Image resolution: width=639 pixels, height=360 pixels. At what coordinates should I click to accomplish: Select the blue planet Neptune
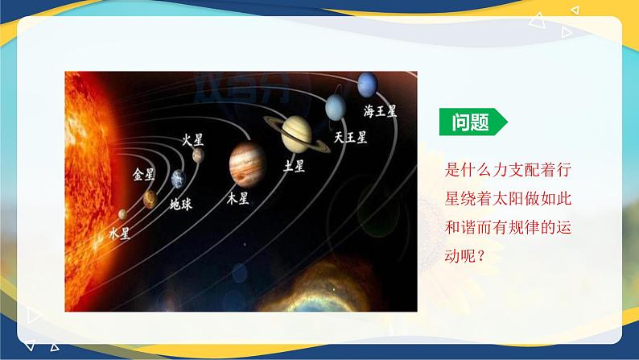coord(367,83)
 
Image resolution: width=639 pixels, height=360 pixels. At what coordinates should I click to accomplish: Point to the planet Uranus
coord(336,106)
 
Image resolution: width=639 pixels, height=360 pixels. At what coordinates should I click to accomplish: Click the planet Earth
coord(177,179)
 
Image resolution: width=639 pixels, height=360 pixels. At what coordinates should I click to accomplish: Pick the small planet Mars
coord(197,155)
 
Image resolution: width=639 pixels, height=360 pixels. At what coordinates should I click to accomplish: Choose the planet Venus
coord(149,199)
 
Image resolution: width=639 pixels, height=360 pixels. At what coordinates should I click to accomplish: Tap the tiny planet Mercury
coord(122,214)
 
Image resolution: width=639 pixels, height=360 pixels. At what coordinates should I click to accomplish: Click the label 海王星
coord(380,111)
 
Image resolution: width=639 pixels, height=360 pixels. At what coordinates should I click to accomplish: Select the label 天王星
coord(350,137)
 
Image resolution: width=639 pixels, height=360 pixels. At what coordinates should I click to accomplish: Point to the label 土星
coord(294,167)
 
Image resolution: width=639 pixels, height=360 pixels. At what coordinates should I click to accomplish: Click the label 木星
coord(237,198)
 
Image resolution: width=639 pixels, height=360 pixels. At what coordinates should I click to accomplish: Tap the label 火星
coord(192,139)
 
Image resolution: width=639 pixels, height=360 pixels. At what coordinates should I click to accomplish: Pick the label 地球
coord(180,204)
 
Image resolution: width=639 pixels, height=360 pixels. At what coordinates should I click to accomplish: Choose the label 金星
coord(143,173)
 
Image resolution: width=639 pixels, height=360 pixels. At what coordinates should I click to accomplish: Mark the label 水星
coord(118,234)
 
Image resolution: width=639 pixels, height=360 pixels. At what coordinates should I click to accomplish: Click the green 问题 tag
coord(472,122)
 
